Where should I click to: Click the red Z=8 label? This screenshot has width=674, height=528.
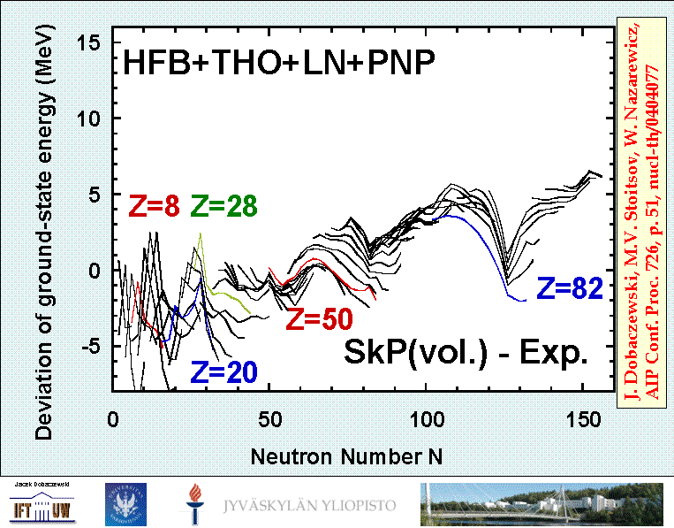(x=155, y=206)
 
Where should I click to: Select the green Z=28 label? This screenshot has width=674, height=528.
(x=224, y=206)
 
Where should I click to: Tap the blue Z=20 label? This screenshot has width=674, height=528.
(x=223, y=372)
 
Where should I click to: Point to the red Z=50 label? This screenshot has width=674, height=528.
(x=319, y=319)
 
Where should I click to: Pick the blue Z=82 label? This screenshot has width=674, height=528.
(x=570, y=288)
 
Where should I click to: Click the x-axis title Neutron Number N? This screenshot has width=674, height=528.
(x=346, y=456)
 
